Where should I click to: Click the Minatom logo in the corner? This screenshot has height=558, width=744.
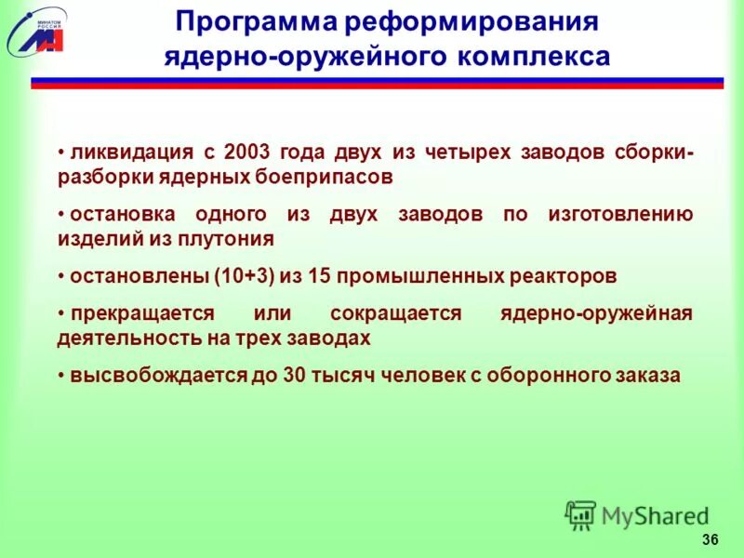36,30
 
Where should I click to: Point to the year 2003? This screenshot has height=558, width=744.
249,152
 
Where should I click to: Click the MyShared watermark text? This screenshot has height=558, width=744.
654,514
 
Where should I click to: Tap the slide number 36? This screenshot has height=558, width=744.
711,540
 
